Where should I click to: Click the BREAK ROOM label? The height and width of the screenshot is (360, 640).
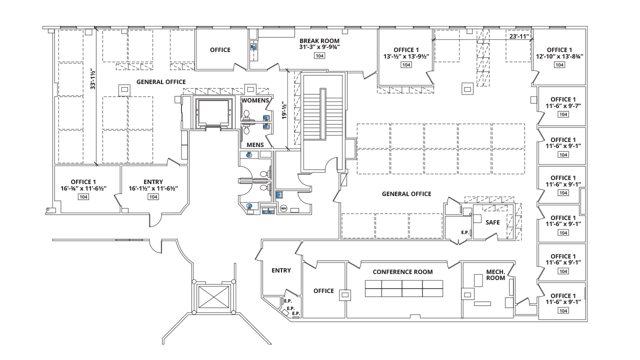click(319, 41)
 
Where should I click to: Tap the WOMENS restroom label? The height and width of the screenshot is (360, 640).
click(255, 101)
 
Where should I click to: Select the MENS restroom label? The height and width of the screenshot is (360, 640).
click(255, 145)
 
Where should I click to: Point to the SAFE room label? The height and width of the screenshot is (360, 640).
click(492, 222)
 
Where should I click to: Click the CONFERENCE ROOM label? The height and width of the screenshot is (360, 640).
click(402, 272)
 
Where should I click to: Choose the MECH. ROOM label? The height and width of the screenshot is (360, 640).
click(495, 275)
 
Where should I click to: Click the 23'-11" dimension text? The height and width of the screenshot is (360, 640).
click(519, 36)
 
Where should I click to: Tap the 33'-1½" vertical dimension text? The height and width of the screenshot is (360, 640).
click(92, 79)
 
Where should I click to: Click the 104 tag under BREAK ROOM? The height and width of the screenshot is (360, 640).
click(319, 56)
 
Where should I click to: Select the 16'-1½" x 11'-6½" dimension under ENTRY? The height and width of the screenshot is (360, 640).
click(153, 188)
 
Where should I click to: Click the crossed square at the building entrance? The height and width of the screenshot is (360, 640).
click(213, 297)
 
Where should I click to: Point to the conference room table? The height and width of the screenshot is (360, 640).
click(404, 289)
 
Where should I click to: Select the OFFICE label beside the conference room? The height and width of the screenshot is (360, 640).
click(323, 291)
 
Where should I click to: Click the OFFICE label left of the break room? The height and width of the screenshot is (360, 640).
click(220, 50)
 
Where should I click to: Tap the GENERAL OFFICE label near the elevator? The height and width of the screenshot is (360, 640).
click(160, 81)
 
